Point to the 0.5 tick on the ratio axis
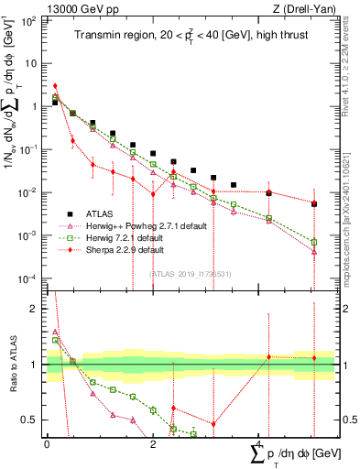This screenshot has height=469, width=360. tap(32, 420)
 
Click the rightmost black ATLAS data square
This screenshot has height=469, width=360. tap(313, 203)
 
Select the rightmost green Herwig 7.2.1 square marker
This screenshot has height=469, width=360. tap(313, 242)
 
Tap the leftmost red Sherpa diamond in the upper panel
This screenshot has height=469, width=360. tap(55, 86)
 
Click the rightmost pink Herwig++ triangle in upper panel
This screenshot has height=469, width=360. tap(313, 250)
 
